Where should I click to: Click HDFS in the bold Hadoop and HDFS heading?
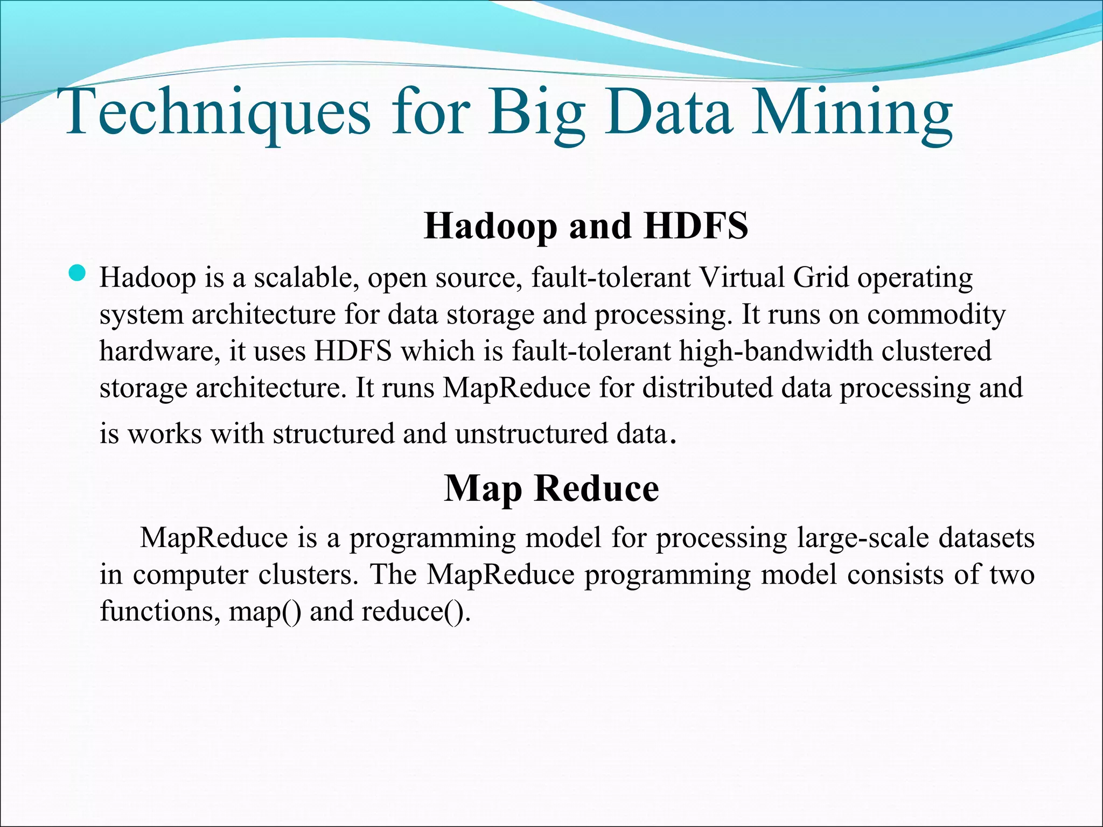point(696,226)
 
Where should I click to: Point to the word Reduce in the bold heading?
point(596,488)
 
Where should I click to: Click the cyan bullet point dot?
point(78,274)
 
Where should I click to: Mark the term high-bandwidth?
point(776,351)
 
